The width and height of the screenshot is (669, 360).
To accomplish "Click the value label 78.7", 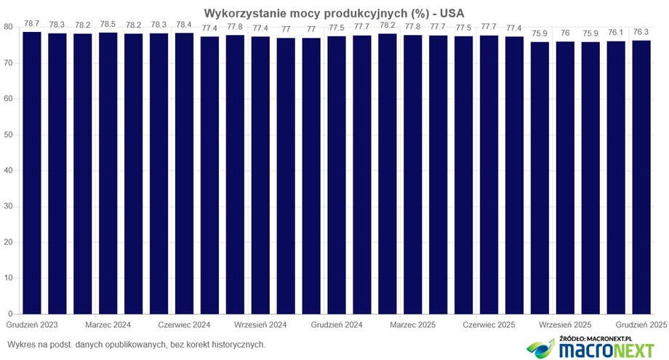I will (32, 23).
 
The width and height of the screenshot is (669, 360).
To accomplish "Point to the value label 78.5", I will (108, 24).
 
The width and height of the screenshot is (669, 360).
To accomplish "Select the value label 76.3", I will (641, 32).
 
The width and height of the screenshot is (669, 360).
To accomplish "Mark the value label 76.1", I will (616, 33).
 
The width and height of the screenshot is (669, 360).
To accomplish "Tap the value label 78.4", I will (184, 24).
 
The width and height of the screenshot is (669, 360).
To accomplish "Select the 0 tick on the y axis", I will (10, 314).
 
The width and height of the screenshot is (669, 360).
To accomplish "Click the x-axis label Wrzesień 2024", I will (260, 324).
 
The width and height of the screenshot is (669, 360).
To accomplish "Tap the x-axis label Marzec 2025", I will (413, 324).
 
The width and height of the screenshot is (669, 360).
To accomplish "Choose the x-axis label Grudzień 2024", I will (337, 324).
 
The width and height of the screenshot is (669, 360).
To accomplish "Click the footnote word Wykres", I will (21, 344).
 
